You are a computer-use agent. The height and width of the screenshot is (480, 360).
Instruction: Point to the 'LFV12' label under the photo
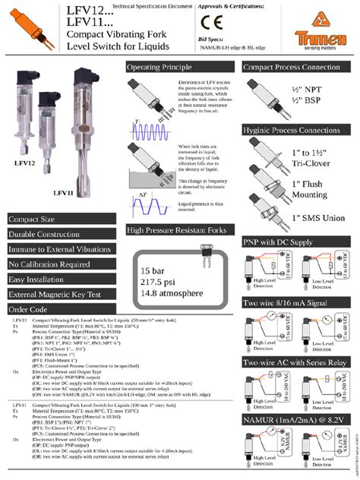tap(25, 163)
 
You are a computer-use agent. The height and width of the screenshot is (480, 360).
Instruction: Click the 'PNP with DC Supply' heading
tap(278, 242)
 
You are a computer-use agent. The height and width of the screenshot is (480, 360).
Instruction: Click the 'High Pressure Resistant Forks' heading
tap(176, 229)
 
